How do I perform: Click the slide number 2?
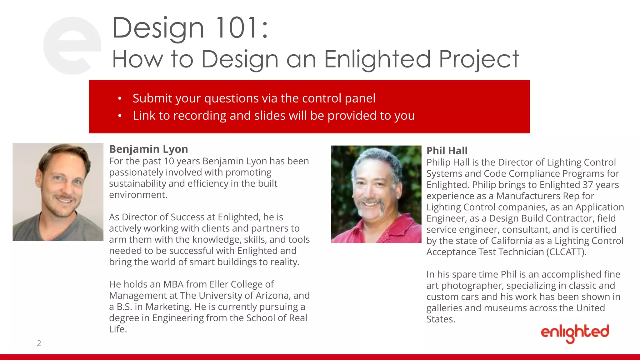point(39,343)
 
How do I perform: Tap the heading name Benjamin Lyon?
point(148,149)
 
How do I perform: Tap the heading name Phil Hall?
point(447,151)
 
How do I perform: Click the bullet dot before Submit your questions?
point(120,99)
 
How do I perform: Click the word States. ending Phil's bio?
point(441,319)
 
